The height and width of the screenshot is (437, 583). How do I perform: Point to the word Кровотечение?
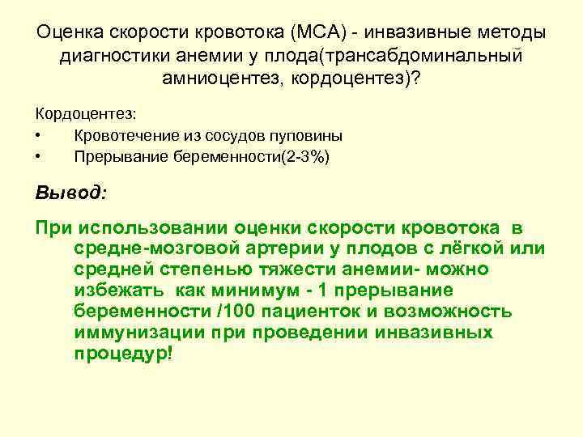click(x=123, y=135)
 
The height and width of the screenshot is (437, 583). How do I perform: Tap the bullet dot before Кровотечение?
click(x=39, y=135)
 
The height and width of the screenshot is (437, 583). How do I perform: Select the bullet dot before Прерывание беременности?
click(x=39, y=156)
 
